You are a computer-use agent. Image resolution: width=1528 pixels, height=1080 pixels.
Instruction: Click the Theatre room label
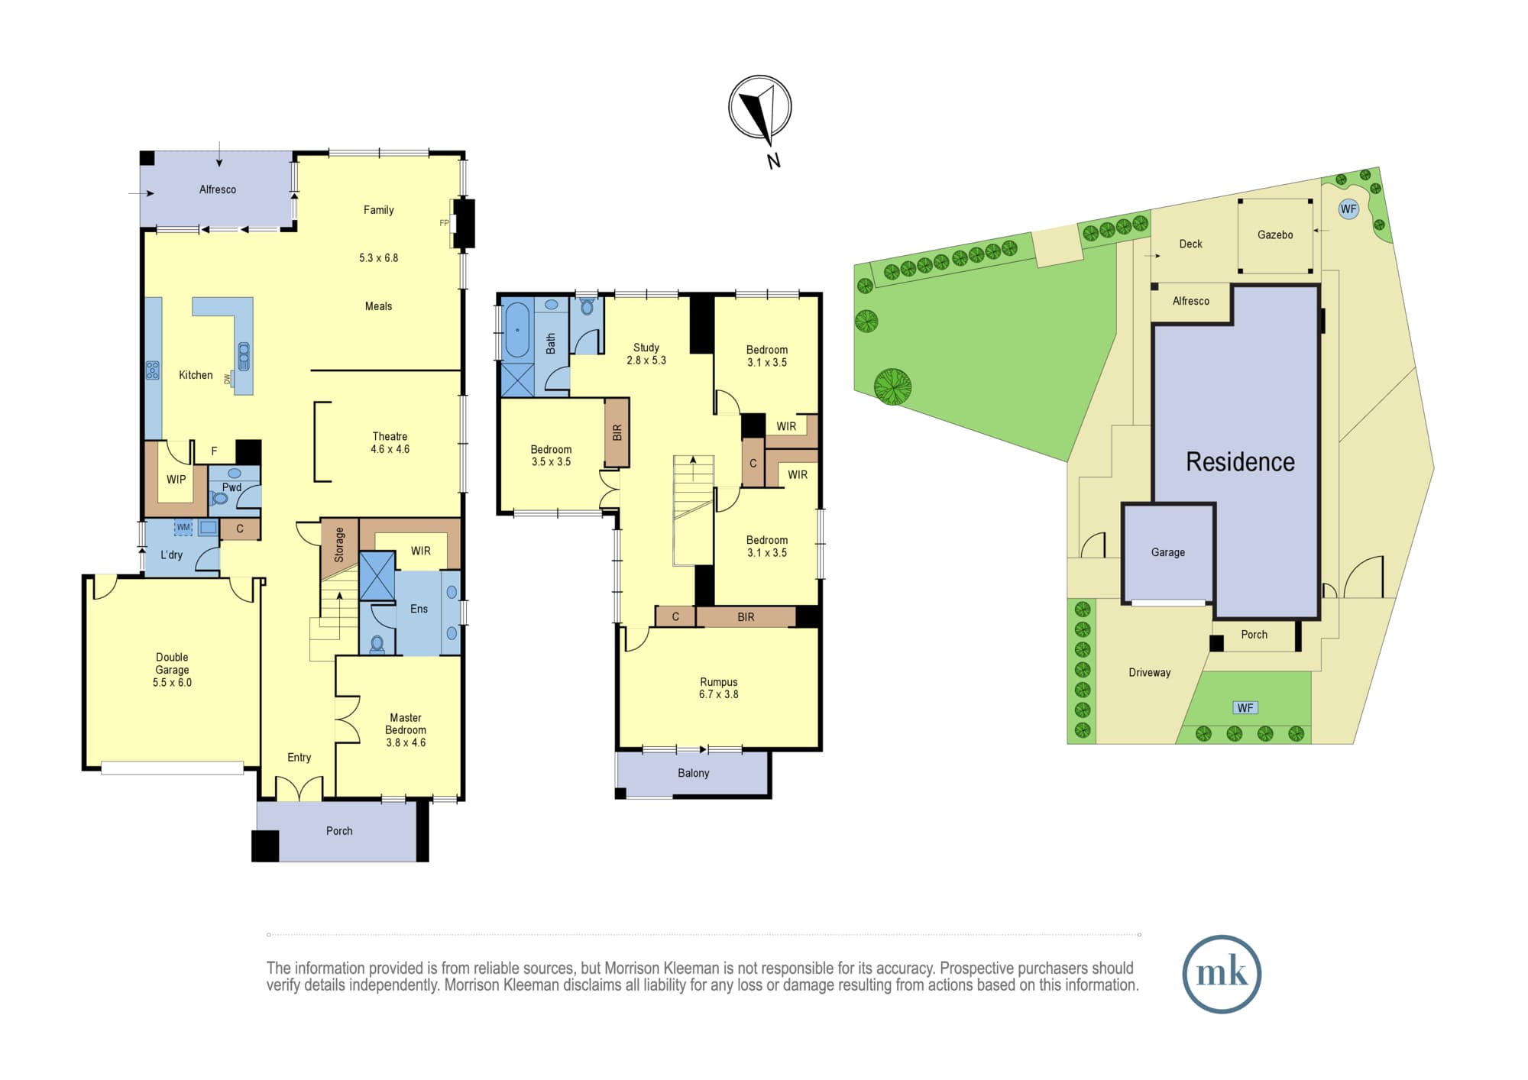click(x=390, y=436)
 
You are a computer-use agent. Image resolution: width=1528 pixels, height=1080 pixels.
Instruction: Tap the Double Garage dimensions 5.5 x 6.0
click(x=172, y=683)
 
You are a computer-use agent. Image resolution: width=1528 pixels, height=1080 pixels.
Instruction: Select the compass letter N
click(x=774, y=160)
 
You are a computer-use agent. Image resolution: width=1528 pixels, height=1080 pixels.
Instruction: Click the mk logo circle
click(x=1222, y=974)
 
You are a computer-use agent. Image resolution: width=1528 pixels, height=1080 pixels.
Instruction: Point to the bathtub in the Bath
click(x=517, y=330)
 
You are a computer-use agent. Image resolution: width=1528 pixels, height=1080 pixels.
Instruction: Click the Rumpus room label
click(x=719, y=682)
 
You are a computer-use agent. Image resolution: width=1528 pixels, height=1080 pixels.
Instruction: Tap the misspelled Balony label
click(x=694, y=773)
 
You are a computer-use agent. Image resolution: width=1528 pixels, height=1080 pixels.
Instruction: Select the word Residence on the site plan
click(x=1240, y=462)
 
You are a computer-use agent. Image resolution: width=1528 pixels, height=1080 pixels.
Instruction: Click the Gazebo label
click(x=1275, y=234)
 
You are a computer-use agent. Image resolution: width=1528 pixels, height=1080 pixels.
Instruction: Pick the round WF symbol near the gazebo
click(x=1348, y=209)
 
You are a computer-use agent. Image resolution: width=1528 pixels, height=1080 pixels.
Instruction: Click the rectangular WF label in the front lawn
click(x=1245, y=708)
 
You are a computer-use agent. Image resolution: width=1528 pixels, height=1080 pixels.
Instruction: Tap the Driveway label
click(x=1149, y=672)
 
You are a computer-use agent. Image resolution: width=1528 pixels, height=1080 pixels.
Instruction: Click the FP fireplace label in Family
click(x=444, y=223)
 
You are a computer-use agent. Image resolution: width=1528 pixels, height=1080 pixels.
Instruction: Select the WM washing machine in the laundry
click(x=183, y=527)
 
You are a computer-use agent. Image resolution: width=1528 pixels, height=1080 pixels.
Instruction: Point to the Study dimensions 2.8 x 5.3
click(x=646, y=360)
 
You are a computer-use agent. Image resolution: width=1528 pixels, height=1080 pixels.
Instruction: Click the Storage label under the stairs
click(x=339, y=545)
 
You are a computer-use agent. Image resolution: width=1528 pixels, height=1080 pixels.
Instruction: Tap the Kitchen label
click(x=196, y=375)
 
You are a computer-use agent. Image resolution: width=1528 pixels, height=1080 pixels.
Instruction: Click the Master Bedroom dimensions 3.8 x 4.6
click(x=406, y=742)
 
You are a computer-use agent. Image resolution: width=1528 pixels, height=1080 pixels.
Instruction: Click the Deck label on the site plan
click(x=1190, y=244)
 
